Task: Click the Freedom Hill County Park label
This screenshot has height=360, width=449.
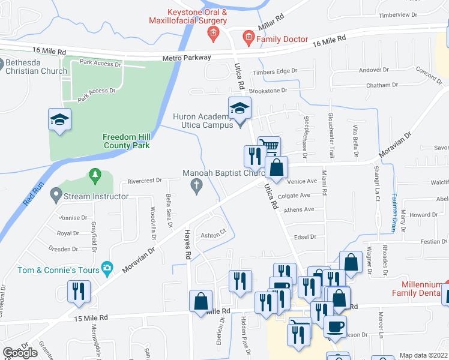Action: (126, 140)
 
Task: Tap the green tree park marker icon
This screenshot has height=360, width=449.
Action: (94, 176)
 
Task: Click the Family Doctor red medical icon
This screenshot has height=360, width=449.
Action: (248, 39)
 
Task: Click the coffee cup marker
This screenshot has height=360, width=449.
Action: (335, 326)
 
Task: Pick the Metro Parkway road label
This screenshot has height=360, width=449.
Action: (187, 58)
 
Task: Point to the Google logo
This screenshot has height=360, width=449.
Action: (20, 352)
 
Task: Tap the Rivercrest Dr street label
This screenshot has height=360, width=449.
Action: (145, 180)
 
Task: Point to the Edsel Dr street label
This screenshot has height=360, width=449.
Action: (306, 237)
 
